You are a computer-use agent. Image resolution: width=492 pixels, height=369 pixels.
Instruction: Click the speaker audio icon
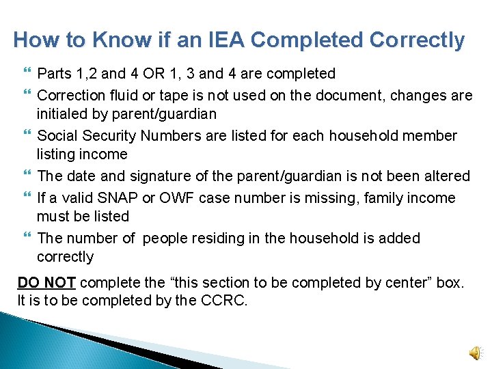point(474,352)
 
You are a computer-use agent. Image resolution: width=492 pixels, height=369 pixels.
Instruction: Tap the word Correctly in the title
point(417,40)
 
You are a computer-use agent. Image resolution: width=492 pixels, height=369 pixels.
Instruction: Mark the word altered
point(443,176)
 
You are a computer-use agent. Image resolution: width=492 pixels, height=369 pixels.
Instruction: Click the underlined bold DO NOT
point(47,282)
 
